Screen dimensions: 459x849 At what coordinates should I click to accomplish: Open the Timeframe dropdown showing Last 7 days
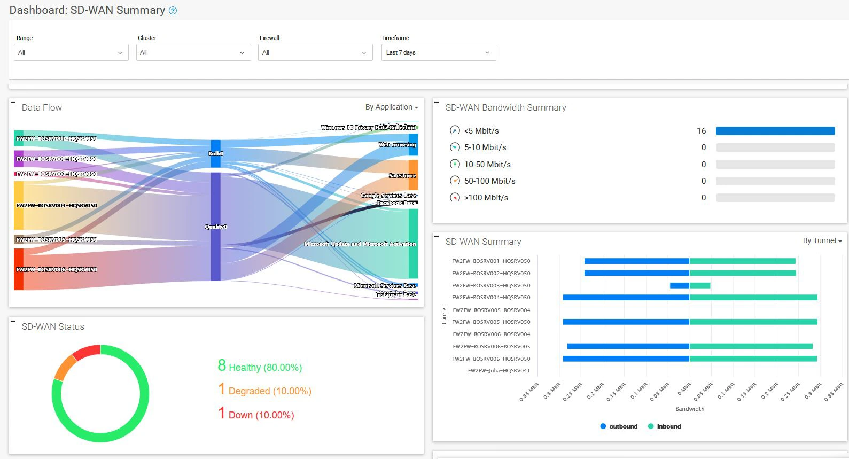pos(438,52)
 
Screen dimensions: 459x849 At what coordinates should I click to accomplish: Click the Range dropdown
pos(71,52)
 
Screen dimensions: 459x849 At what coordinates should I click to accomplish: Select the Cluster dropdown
pos(193,52)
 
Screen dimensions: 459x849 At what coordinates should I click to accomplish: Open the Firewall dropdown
pos(315,52)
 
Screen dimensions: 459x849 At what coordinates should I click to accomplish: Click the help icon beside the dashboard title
pos(173,11)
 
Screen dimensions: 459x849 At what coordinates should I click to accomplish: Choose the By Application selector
pos(392,107)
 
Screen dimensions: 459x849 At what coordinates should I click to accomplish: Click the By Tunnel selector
pos(822,241)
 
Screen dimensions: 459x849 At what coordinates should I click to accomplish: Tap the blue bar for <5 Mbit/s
pos(775,131)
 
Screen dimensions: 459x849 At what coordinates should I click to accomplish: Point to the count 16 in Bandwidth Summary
pos(701,131)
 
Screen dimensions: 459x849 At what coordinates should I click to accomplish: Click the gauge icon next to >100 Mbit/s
pos(455,198)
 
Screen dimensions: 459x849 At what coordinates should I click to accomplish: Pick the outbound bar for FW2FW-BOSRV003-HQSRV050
pos(679,285)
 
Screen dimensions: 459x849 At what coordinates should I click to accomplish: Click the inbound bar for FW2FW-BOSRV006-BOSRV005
pos(751,346)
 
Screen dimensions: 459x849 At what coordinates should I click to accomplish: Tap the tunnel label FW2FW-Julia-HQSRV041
pos(499,371)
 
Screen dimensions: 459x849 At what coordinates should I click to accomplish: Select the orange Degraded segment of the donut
pos(64,367)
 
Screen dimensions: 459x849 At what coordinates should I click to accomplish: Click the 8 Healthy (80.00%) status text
pos(260,367)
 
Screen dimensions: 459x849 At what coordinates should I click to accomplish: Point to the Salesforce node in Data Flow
pos(414,175)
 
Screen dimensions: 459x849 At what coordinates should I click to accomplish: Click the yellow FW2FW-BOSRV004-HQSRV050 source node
pos(19,205)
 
